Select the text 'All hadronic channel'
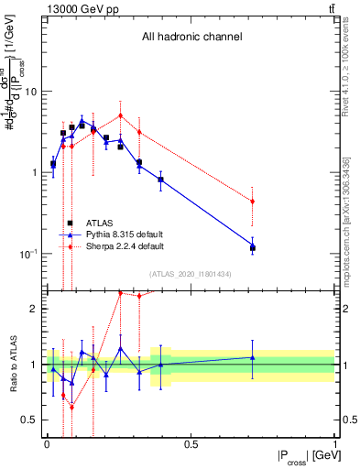191,38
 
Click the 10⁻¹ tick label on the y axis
27,254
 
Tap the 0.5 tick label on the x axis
191,444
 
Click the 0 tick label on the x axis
47,444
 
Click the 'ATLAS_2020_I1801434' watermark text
191,274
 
